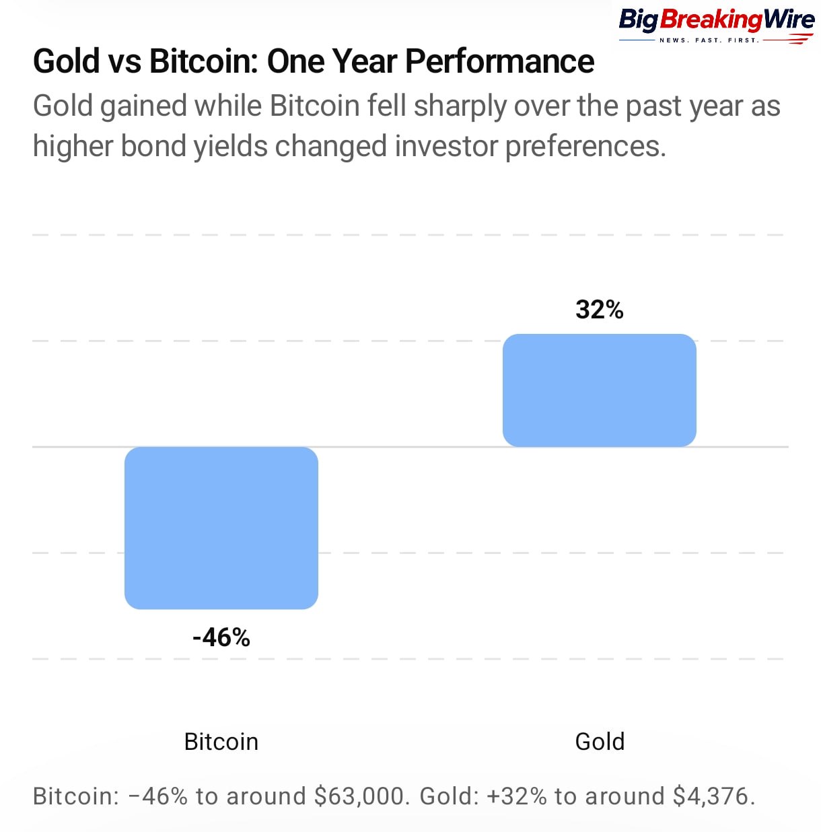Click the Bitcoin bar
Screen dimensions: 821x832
click(x=221, y=528)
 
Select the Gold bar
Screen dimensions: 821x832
click(x=599, y=390)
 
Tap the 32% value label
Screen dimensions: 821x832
click(x=599, y=310)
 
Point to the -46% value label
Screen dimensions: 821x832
click(x=221, y=637)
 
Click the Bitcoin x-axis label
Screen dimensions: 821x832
click(x=221, y=742)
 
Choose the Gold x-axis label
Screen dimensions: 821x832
click(x=600, y=742)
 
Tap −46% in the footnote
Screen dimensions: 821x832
click(x=158, y=796)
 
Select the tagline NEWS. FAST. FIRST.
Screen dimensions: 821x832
click(x=709, y=40)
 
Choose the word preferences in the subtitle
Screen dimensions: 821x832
click(x=585, y=146)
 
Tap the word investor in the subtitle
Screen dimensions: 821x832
click(x=446, y=146)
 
